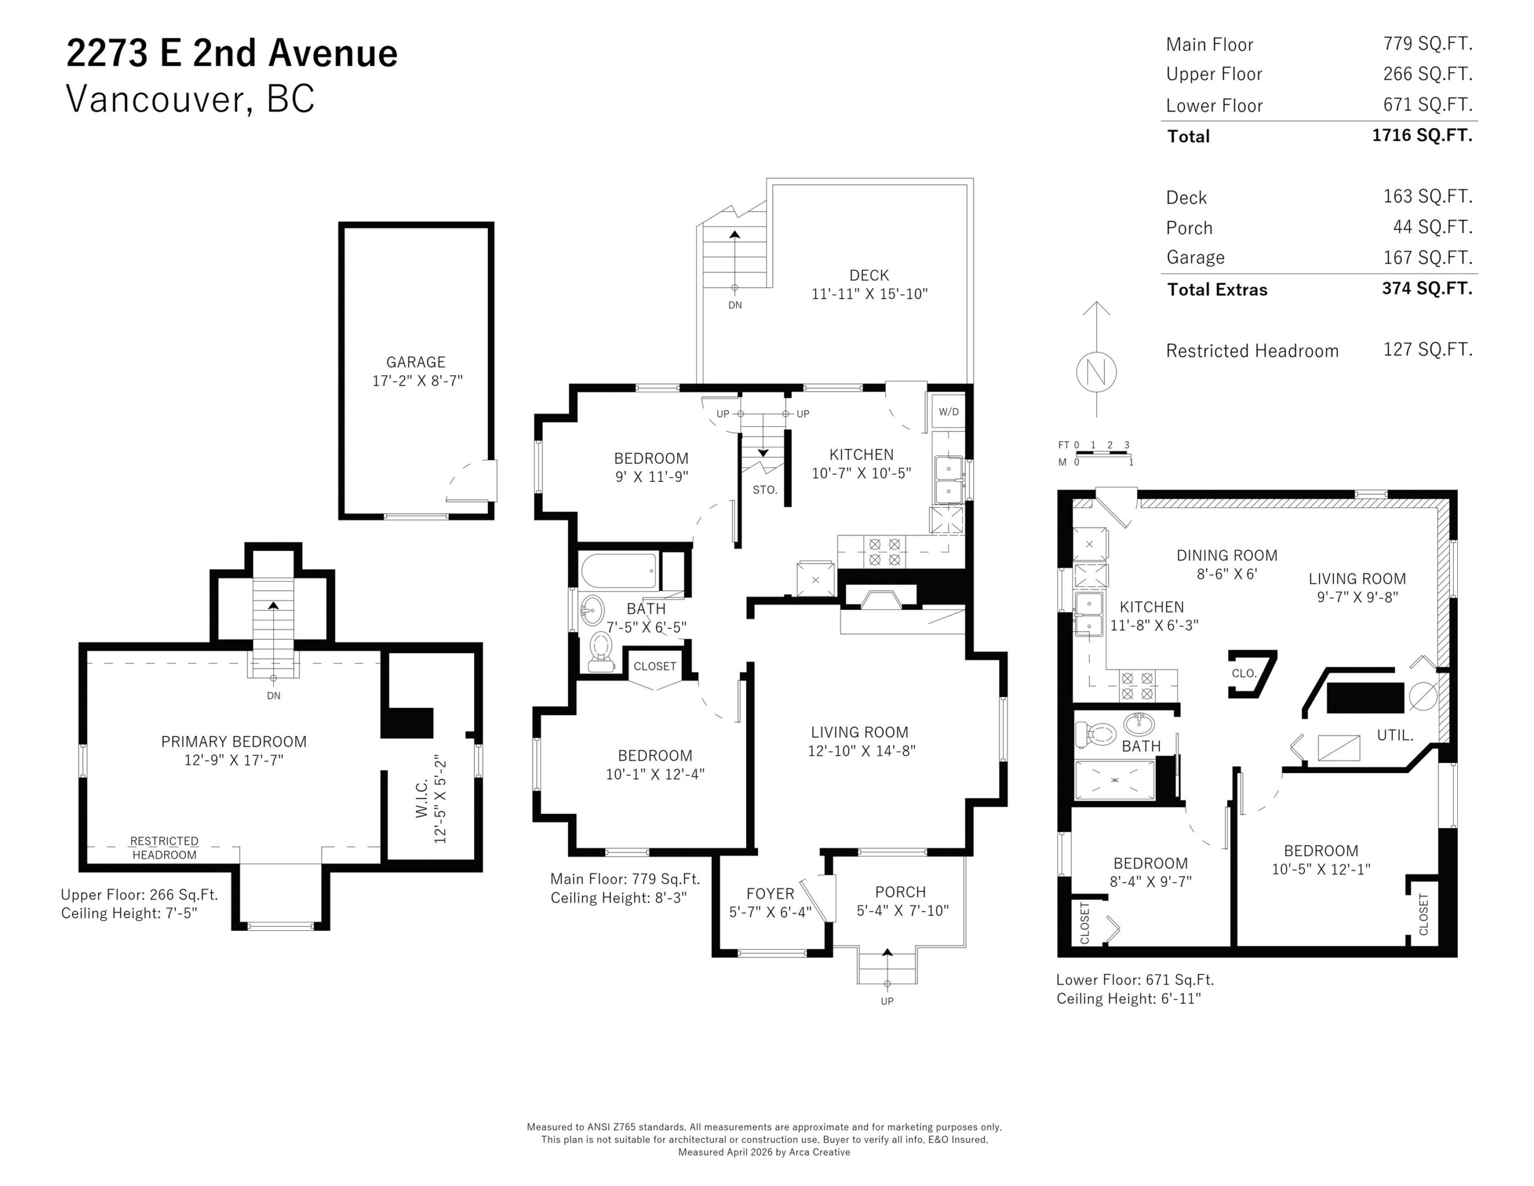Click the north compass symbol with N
click(x=1096, y=372)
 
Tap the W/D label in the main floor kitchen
click(x=948, y=412)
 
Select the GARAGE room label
click(x=416, y=362)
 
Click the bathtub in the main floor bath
click(x=619, y=571)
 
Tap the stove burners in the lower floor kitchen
click(x=1137, y=686)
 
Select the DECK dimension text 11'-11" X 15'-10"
click(x=869, y=294)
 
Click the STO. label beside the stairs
click(x=765, y=490)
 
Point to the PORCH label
click(x=901, y=892)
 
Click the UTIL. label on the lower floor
click(x=1395, y=735)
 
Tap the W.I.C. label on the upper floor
click(x=421, y=799)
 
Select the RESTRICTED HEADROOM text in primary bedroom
click(x=164, y=847)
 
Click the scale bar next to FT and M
click(x=1103, y=453)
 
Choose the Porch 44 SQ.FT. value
click(x=1432, y=227)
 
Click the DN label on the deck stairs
click(x=735, y=305)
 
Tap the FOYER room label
click(x=770, y=894)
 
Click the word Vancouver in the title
click(x=155, y=99)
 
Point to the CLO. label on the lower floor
click(x=1243, y=673)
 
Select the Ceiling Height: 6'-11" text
click(x=1129, y=998)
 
